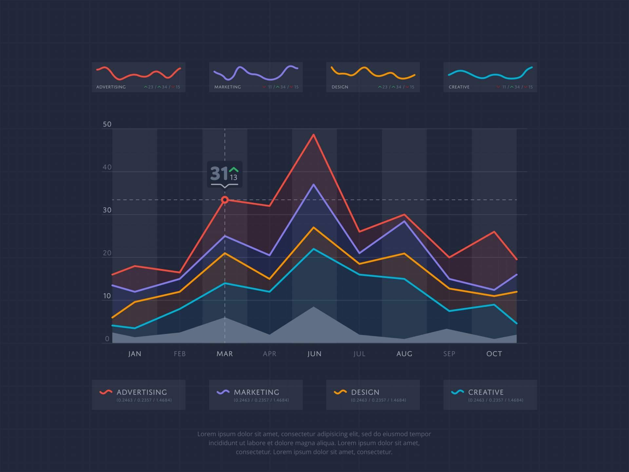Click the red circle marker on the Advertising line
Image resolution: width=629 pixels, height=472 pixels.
click(225, 200)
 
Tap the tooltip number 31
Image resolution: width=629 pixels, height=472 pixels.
click(219, 173)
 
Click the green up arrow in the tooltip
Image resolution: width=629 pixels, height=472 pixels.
click(234, 169)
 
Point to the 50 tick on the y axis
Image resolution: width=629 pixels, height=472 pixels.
click(107, 124)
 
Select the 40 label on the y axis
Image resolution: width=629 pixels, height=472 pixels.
click(107, 167)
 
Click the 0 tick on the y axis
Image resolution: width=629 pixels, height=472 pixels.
click(107, 339)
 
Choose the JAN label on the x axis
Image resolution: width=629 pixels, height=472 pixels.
click(135, 354)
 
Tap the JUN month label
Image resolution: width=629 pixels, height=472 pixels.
click(314, 354)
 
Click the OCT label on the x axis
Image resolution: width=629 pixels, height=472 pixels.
click(494, 354)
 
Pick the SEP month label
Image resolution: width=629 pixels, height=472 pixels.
click(449, 354)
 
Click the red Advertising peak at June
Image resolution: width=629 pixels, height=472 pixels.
click(314, 135)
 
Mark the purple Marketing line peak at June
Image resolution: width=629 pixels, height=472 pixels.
click(314, 185)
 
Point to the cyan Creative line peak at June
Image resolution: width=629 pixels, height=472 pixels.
click(314, 249)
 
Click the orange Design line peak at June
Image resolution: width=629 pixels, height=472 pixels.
click(314, 227)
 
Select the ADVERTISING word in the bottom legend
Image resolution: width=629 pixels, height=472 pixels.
click(142, 392)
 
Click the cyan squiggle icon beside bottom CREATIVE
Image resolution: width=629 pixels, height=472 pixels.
click(457, 392)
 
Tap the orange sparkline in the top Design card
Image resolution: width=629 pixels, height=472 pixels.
click(373, 73)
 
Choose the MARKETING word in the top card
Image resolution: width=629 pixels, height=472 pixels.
click(227, 87)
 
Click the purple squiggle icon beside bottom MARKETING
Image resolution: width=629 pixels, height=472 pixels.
click(223, 392)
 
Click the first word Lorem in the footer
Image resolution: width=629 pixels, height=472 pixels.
click(206, 434)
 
